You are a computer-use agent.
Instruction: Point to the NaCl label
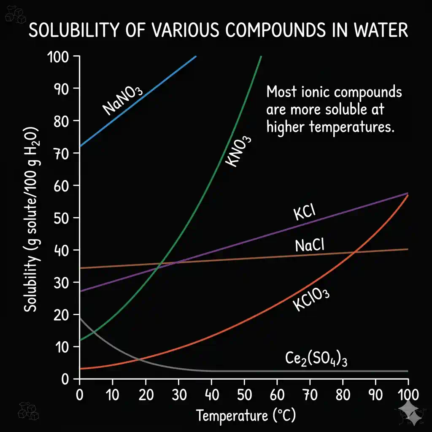pyautogui.click(x=309, y=245)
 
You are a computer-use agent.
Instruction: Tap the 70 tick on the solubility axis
pyautogui.click(x=62, y=153)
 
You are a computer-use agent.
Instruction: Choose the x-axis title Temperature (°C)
pyautogui.click(x=246, y=416)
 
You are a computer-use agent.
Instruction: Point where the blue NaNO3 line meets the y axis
pyautogui.click(x=80, y=146)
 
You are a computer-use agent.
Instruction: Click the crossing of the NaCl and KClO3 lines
pyautogui.click(x=355, y=252)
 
